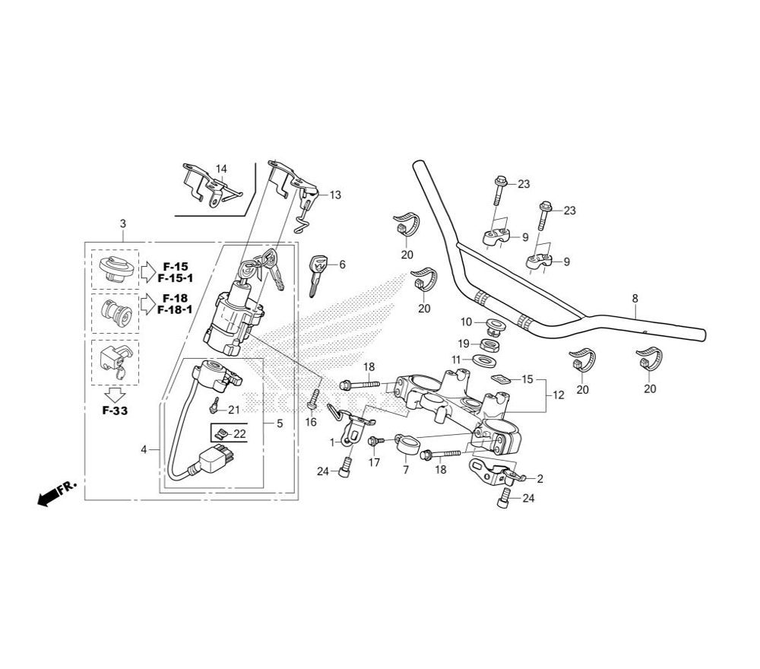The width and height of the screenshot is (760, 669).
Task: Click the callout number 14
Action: click(221, 169)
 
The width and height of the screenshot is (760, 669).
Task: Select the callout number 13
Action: click(335, 195)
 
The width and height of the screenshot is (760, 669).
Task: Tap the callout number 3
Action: click(123, 224)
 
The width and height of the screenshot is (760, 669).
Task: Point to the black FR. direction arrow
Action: click(52, 495)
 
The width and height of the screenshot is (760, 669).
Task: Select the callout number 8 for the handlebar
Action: click(635, 299)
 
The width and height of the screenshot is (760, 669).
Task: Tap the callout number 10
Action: click(467, 322)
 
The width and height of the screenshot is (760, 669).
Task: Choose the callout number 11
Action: click(455, 359)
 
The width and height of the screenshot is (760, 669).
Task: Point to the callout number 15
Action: click(527, 379)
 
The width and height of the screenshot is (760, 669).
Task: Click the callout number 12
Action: click(559, 395)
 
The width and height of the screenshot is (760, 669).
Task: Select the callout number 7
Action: click(406, 471)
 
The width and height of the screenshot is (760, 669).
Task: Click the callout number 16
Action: click(311, 422)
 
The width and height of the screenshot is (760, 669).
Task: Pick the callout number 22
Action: click(240, 433)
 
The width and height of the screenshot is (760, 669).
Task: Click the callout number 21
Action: click(233, 411)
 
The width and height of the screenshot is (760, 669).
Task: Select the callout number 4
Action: click(144, 450)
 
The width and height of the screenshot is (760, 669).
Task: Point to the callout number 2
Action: click(540, 479)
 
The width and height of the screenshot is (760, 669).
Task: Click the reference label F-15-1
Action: click(175, 279)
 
